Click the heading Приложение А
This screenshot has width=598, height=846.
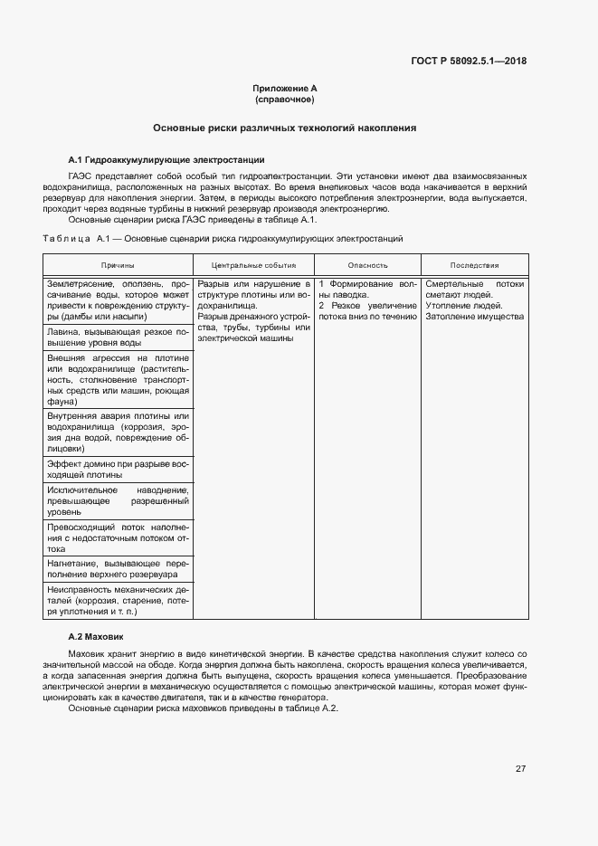pyautogui.click(x=285, y=89)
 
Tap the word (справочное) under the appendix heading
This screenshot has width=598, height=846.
pyautogui.click(x=285, y=100)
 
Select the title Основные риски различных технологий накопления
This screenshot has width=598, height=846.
pyautogui.click(x=285, y=128)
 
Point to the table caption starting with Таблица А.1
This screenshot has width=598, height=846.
pyautogui.click(x=223, y=238)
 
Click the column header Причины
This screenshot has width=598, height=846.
pyautogui.click(x=118, y=265)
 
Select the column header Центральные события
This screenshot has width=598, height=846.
pyautogui.click(x=253, y=265)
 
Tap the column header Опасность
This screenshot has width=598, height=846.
pyautogui.click(x=367, y=265)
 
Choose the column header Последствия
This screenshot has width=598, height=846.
pyautogui.click(x=474, y=265)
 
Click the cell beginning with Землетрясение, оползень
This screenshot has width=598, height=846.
pyautogui.click(x=118, y=300)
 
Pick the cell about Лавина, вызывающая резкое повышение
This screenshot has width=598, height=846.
pyautogui.click(x=118, y=337)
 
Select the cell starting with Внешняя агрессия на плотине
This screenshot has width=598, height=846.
pyautogui.click(x=118, y=379)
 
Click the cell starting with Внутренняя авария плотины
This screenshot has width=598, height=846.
pyautogui.click(x=118, y=432)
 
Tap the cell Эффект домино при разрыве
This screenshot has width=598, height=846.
pyautogui.click(x=118, y=468)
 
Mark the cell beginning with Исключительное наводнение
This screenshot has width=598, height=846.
pyautogui.click(x=118, y=500)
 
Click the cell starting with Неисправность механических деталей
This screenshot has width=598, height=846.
pyautogui.click(x=118, y=600)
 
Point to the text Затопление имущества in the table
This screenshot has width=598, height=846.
pyautogui.click(x=474, y=317)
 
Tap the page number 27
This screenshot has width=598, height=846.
pyautogui.click(x=520, y=768)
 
